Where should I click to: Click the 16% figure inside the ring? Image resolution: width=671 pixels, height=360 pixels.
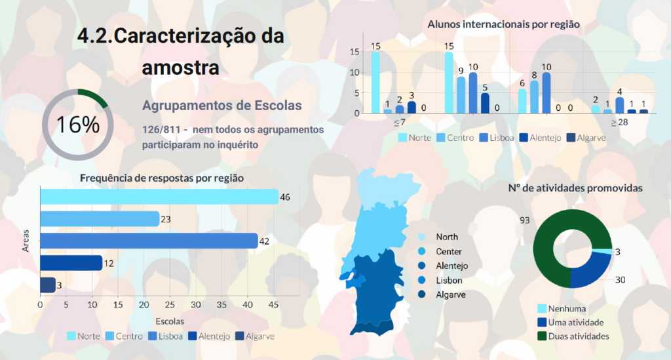[77, 125]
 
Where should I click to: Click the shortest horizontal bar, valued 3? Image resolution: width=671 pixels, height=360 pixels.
[48, 285]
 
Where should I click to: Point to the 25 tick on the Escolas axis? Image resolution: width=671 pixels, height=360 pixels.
[170, 305]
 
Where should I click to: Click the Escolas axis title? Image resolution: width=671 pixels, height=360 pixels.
[170, 321]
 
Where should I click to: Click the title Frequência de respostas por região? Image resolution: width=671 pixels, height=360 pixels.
[161, 178]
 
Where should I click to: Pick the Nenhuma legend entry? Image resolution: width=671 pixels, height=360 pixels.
[567, 308]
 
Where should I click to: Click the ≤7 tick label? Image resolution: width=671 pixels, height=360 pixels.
[399, 123]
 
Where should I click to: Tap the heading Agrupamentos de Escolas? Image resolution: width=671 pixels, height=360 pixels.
[221, 106]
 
